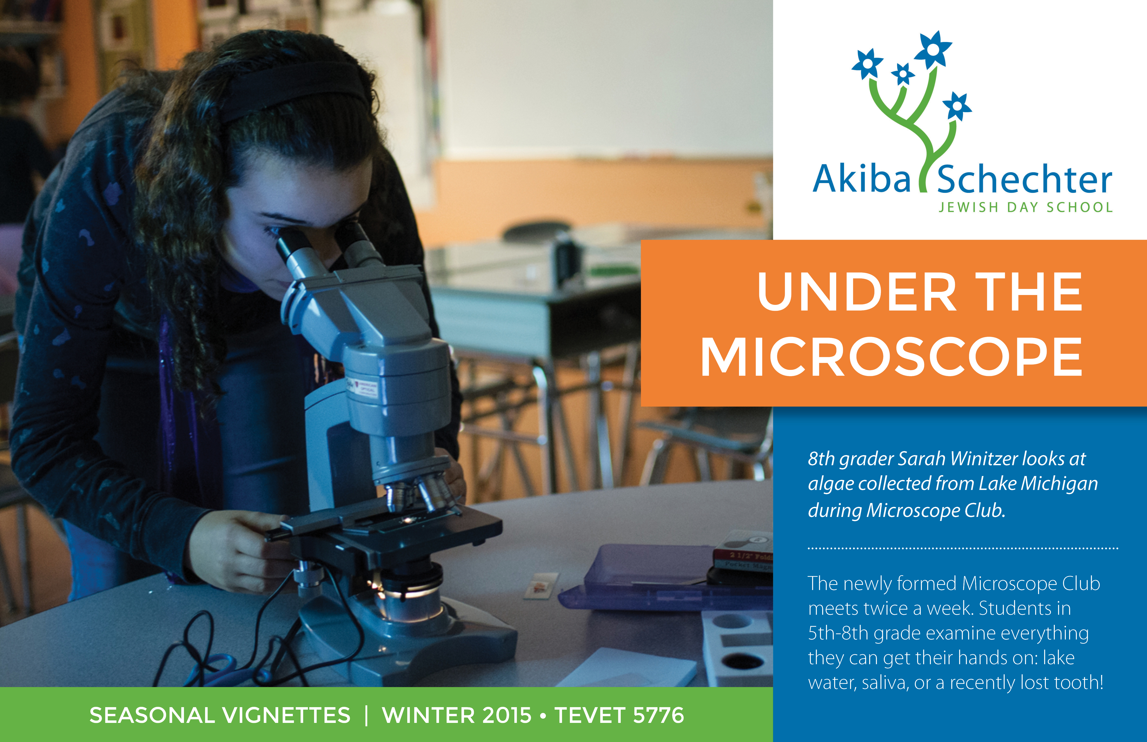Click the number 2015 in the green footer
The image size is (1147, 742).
tap(506, 715)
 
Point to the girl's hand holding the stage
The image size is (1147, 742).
tap(236, 549)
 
